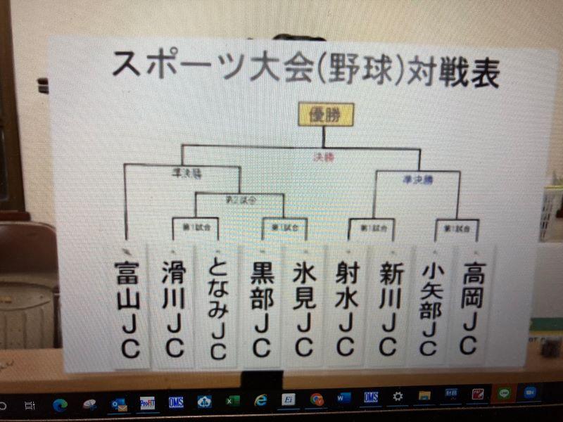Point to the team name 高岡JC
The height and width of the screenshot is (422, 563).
pyautogui.click(x=469, y=306)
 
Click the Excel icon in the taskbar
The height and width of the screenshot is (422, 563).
pyautogui.click(x=232, y=401)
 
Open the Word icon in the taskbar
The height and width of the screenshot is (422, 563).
pyautogui.click(x=343, y=398)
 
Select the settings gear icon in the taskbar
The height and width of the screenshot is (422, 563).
pyautogui.click(x=398, y=397)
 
